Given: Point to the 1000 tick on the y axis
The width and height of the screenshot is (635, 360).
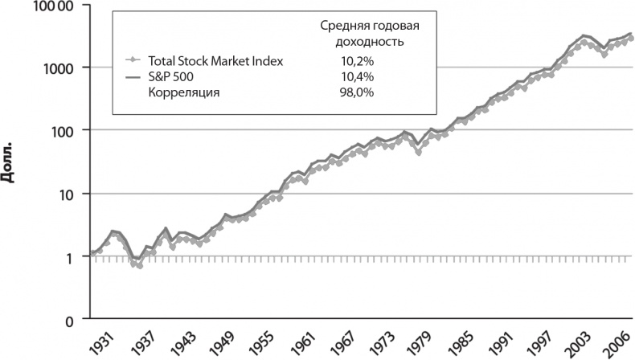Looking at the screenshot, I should [59, 67].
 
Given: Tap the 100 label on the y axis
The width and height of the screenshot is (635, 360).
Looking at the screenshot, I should [63, 130].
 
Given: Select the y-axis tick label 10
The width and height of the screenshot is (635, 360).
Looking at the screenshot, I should [68, 194].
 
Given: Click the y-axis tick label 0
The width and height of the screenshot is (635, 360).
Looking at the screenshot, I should [72, 320].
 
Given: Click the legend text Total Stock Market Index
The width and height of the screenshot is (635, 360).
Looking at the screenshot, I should [215, 60].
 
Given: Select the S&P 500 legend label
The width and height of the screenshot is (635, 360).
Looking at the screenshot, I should [170, 76].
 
